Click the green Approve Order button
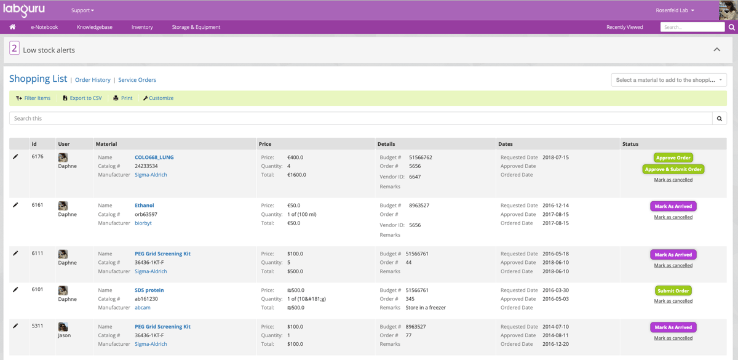tap(673, 158)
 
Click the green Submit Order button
tap(673, 290)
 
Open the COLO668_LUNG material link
tap(154, 157)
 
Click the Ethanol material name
tap(144, 206)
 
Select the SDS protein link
tap(149, 290)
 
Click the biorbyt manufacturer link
tap(143, 223)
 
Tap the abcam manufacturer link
tap(142, 308)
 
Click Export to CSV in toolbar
tap(82, 98)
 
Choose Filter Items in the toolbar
tap(33, 98)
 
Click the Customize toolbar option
tap(158, 98)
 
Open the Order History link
tap(92, 80)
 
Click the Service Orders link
tap(137, 80)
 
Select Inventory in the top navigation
tap(142, 27)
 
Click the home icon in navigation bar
tap(12, 27)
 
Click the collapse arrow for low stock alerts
tap(716, 50)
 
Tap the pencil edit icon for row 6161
tap(15, 205)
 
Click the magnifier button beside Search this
tap(719, 118)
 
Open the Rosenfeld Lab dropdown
tap(675, 10)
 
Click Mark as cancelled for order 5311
tap(673, 338)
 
